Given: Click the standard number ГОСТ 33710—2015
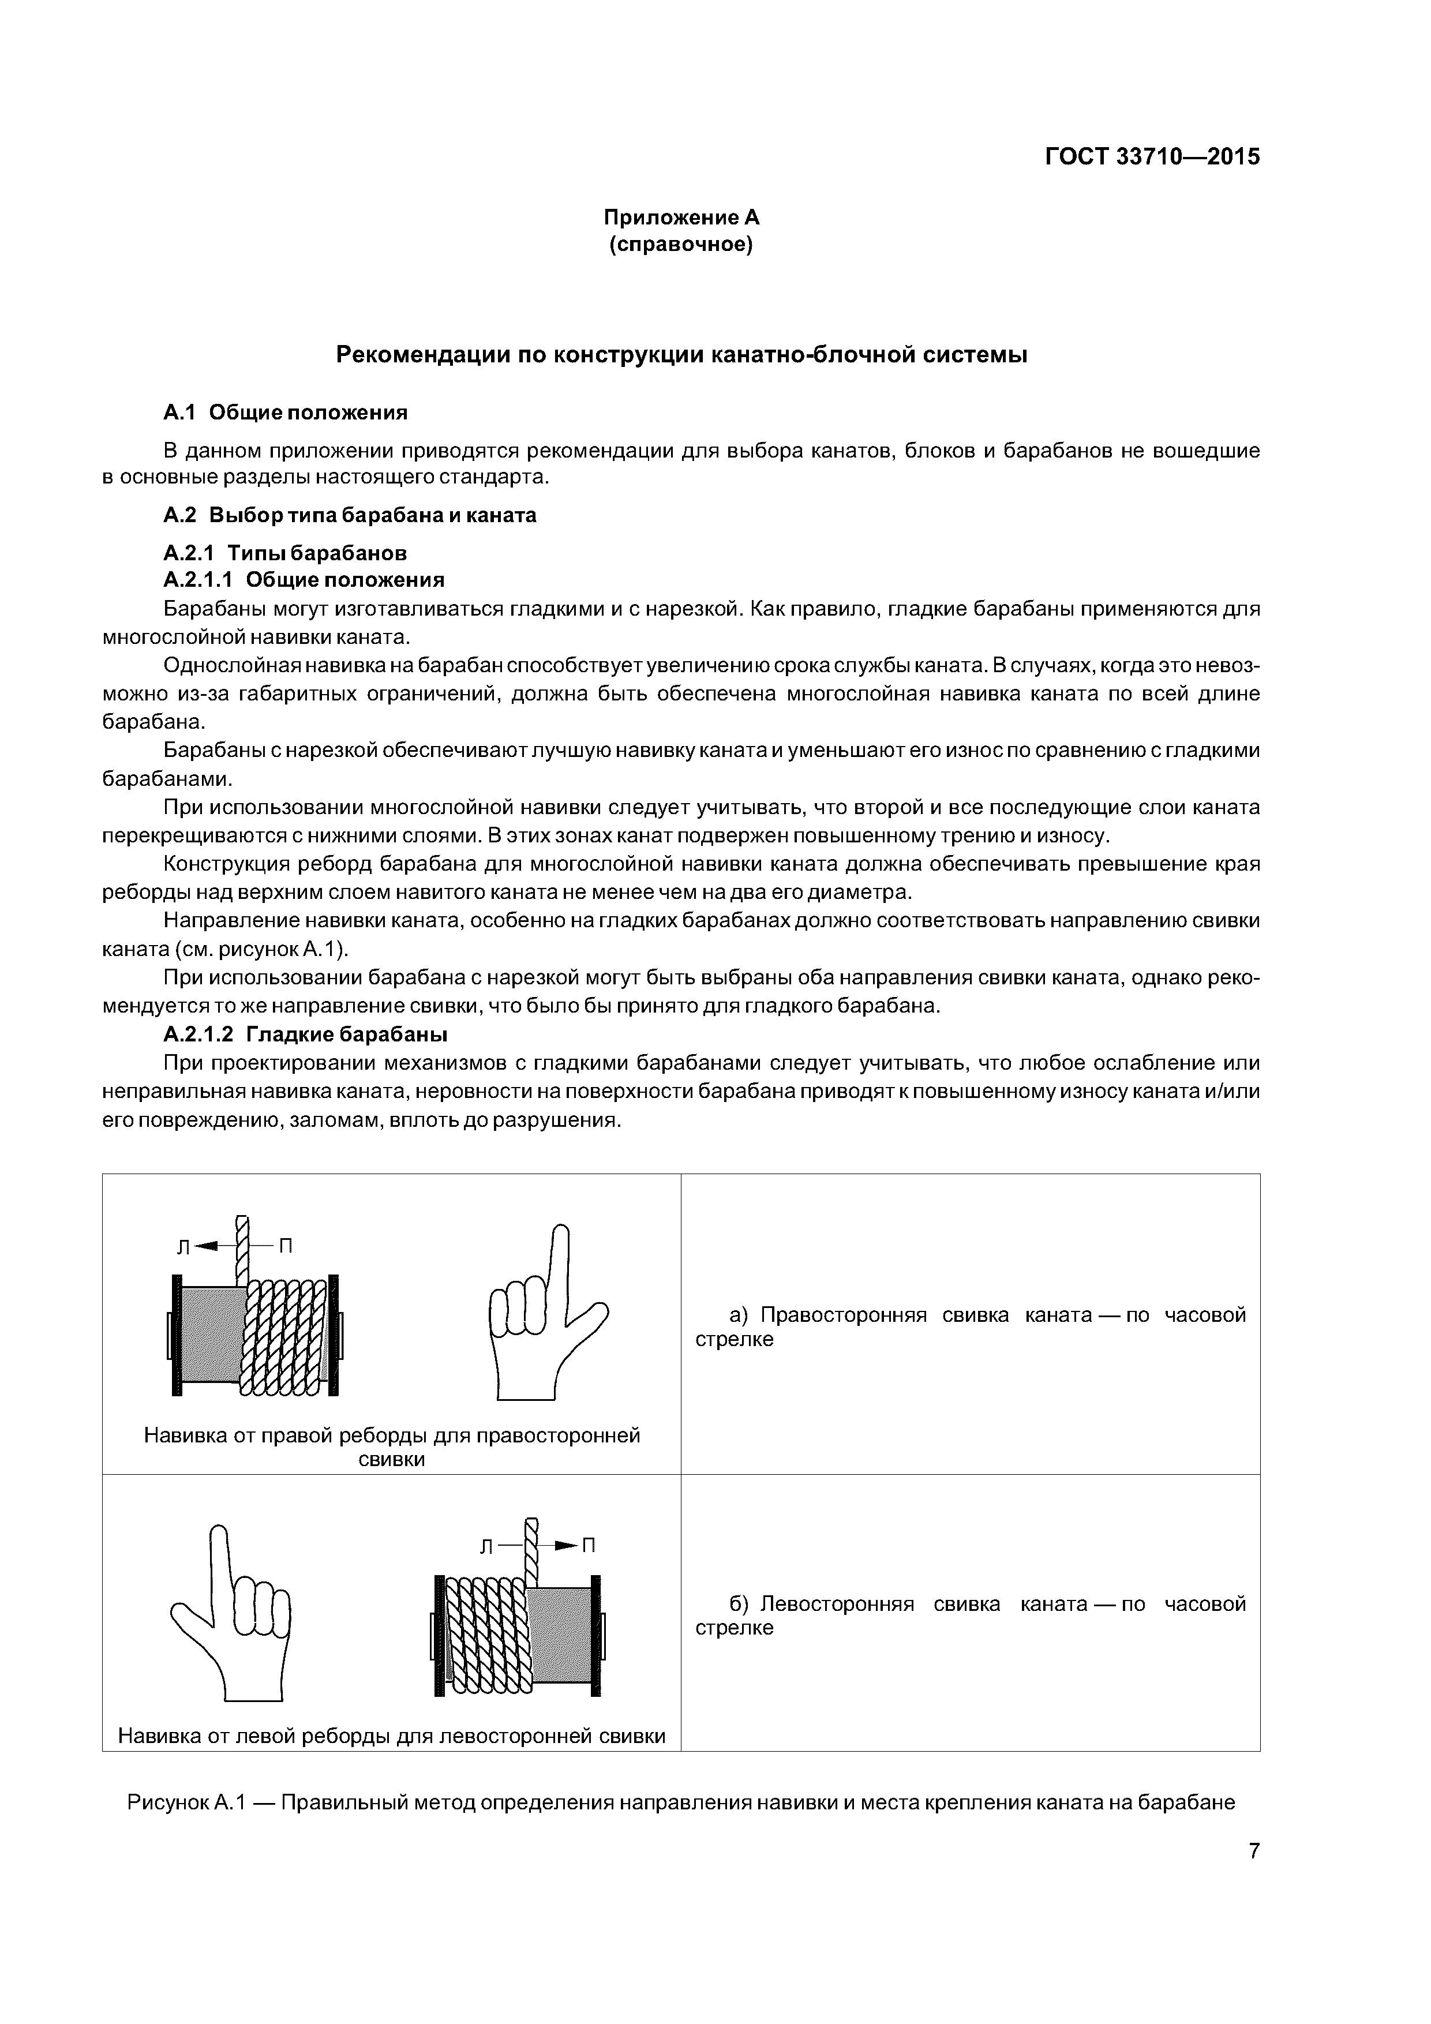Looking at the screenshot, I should point(1152,157).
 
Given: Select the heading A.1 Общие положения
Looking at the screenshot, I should point(286,412).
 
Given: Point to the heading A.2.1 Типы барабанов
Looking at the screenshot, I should point(285,553).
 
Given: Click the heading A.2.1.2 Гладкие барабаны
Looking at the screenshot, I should point(305,1033).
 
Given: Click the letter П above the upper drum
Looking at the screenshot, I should point(286,1246).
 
